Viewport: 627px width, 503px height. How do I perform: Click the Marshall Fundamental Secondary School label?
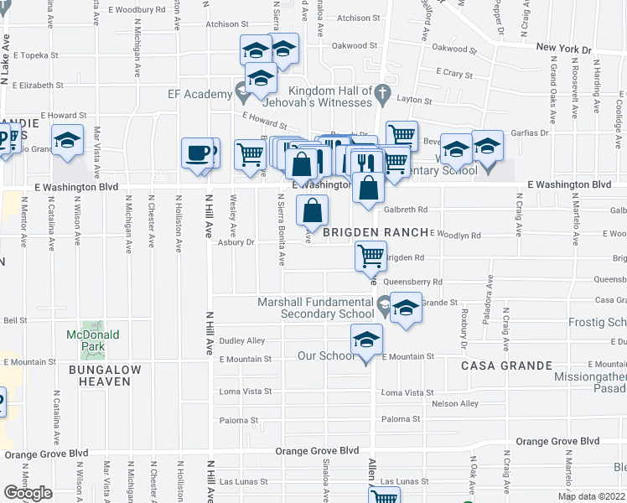click(327, 308)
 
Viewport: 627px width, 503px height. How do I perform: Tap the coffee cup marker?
click(197, 153)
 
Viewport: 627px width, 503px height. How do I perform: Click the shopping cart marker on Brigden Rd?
click(370, 255)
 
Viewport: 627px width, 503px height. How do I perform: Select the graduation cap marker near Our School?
click(366, 340)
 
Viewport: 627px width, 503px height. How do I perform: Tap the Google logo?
click(27, 493)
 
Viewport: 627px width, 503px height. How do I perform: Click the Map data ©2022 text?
click(591, 496)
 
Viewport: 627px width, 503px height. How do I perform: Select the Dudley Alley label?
click(242, 341)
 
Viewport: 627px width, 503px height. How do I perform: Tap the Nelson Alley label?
click(458, 403)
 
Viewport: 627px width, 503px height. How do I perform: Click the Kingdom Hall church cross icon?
click(382, 91)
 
